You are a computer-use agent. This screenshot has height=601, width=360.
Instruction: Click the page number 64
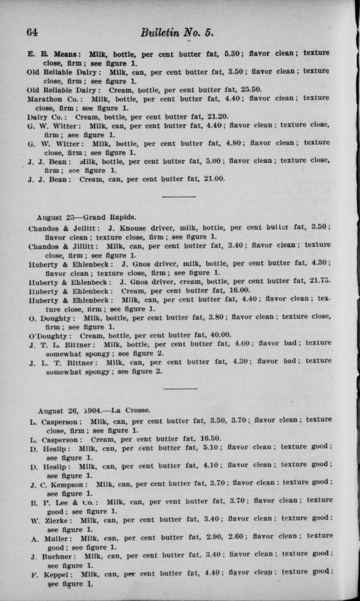(33, 33)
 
